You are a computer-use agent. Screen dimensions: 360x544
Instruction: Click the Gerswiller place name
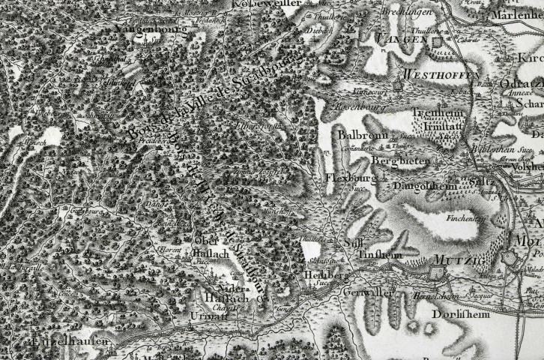[x=369, y=292]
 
